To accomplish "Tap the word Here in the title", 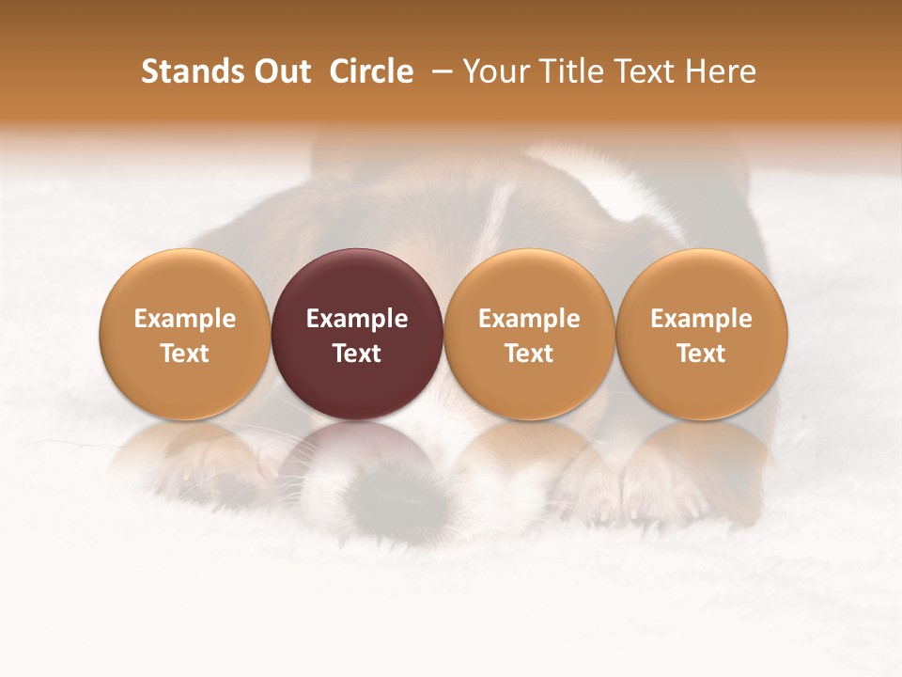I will pos(721,71).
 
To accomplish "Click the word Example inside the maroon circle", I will pos(357,319).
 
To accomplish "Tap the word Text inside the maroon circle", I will pos(357,354).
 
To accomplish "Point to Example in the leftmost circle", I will pos(185,319).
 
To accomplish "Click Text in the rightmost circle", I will pos(702,354).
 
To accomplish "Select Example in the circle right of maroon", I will pos(529,319).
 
